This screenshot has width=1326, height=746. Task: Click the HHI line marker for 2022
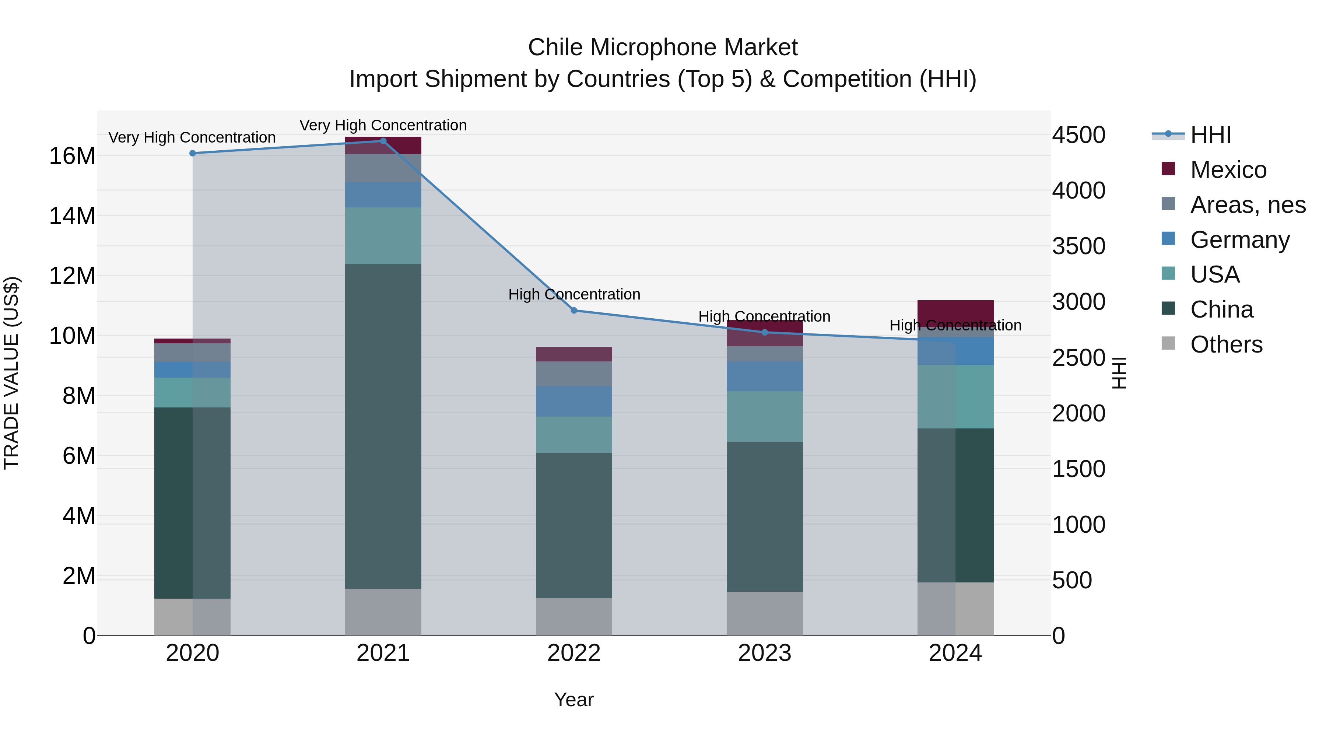pyautogui.click(x=574, y=311)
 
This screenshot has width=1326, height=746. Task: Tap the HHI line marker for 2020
pyautogui.click(x=193, y=153)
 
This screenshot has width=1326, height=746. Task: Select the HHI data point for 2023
pyautogui.click(x=764, y=333)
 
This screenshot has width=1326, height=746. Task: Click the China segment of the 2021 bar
pyautogui.click(x=383, y=426)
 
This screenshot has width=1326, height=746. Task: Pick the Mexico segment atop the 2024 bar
pyautogui.click(x=955, y=311)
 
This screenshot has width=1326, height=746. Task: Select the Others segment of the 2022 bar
pyautogui.click(x=574, y=616)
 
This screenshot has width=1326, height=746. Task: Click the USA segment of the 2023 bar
pyautogui.click(x=764, y=416)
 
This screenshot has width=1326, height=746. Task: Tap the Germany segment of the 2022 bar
pyautogui.click(x=574, y=401)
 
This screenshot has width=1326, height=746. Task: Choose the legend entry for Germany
pyautogui.click(x=1239, y=240)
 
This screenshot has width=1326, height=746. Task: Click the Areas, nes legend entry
pyautogui.click(x=1247, y=205)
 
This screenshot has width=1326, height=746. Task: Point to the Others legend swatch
pyautogui.click(x=1168, y=343)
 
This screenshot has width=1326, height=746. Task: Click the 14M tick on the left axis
pyautogui.click(x=72, y=216)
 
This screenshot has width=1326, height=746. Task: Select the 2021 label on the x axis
pyautogui.click(x=383, y=653)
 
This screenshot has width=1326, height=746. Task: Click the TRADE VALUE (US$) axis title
pyautogui.click(x=11, y=373)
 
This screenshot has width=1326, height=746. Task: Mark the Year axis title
pyautogui.click(x=573, y=700)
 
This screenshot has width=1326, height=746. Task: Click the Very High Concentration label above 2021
pyautogui.click(x=383, y=125)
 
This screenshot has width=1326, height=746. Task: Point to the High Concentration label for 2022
pyautogui.click(x=574, y=294)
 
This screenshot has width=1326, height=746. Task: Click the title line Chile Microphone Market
pyautogui.click(x=663, y=48)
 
